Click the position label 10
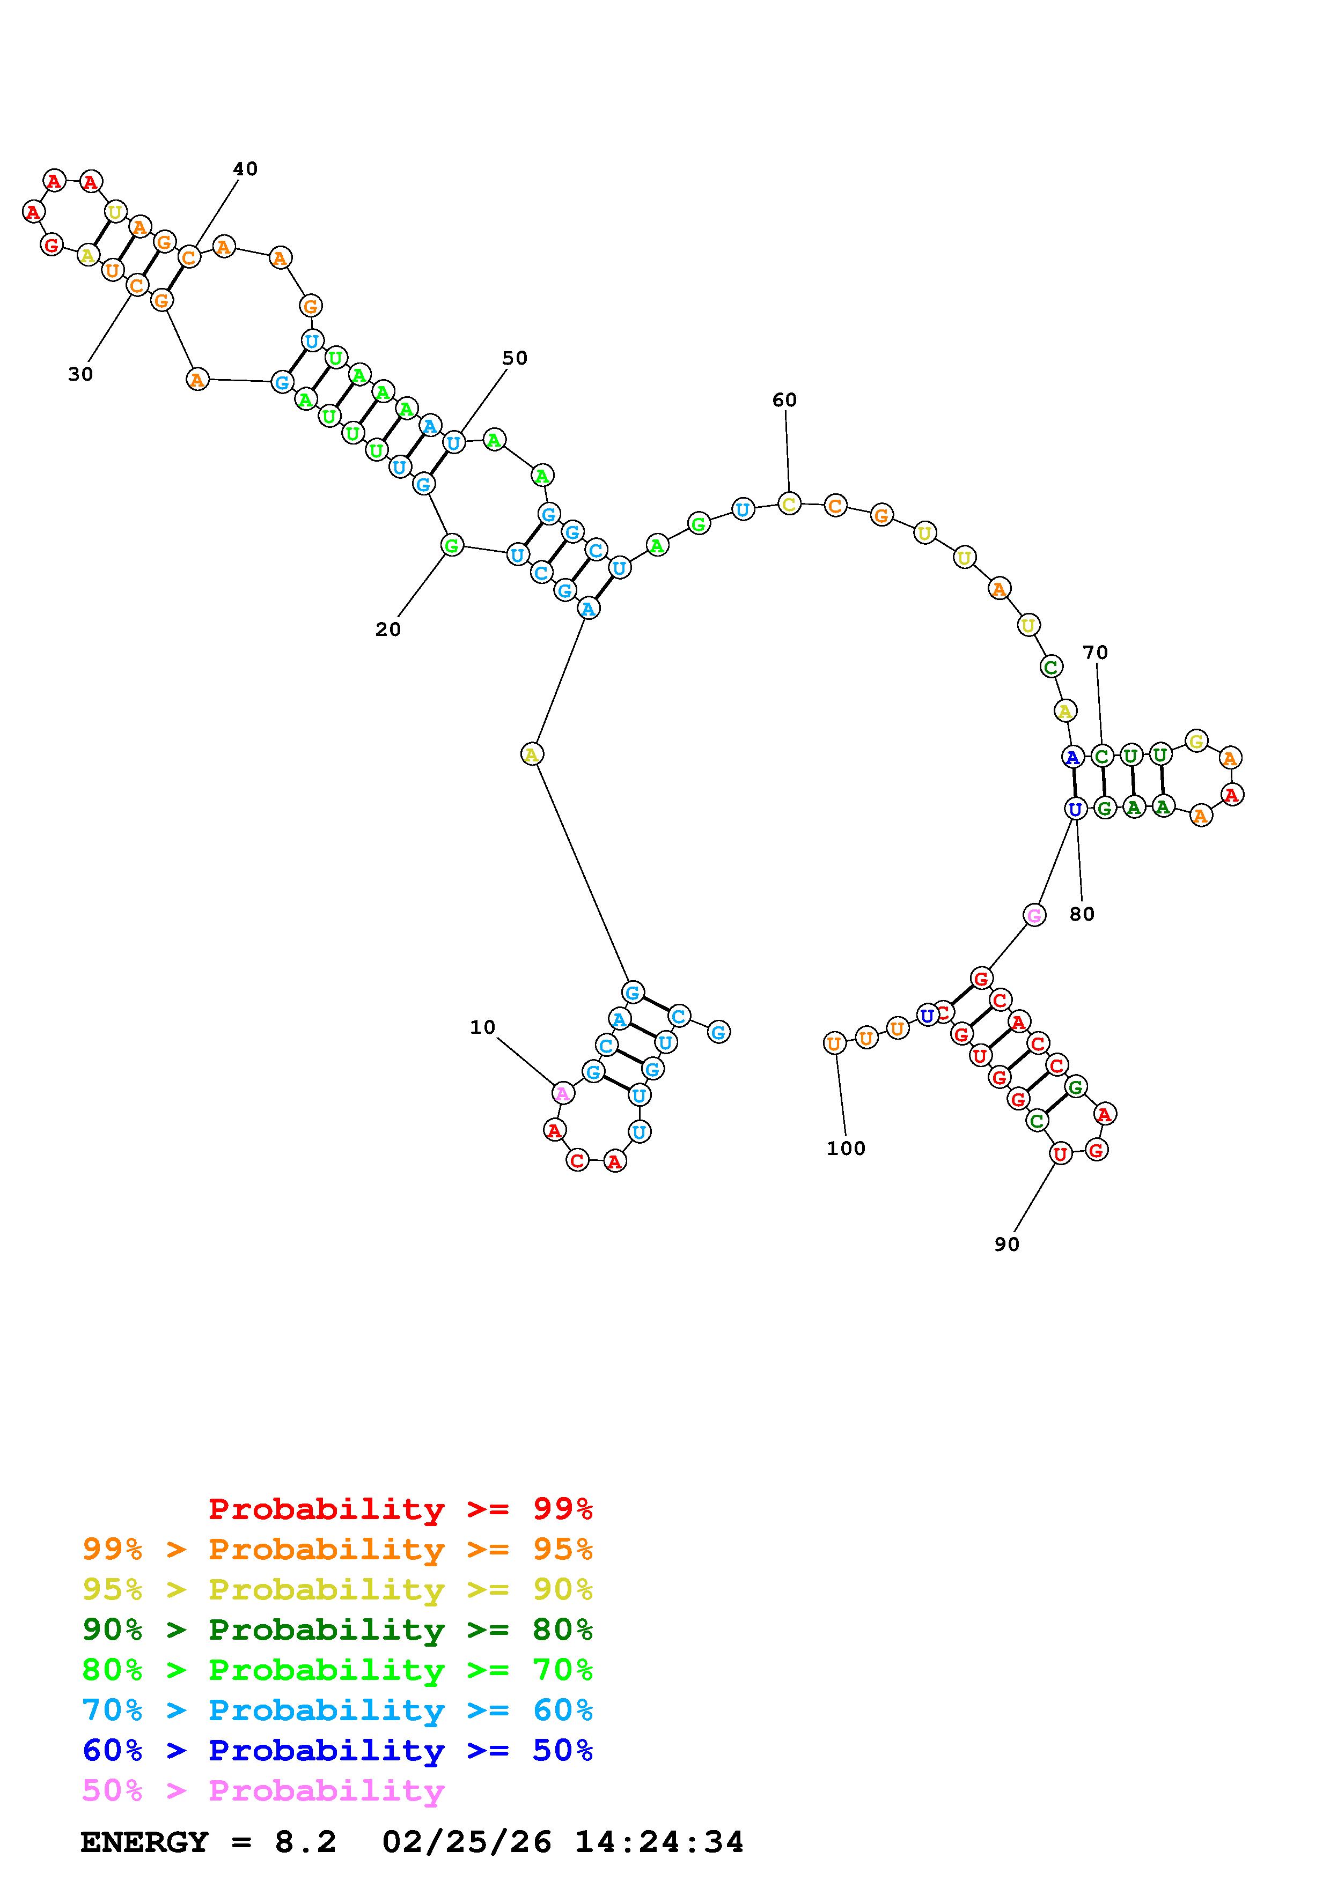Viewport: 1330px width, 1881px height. [483, 1027]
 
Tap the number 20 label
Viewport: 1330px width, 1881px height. [388, 629]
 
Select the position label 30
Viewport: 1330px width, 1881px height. [80, 374]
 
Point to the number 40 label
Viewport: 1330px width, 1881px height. [245, 169]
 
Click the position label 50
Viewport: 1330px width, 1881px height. [515, 358]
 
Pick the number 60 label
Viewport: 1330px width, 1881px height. [784, 400]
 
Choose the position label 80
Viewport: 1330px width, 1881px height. [1082, 914]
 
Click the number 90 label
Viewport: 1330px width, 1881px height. [1006, 1245]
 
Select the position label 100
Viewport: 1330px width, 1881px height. [846, 1149]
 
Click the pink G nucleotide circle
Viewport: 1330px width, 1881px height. [1034, 915]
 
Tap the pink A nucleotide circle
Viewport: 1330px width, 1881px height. [562, 1093]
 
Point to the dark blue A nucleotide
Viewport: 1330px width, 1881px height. [1072, 757]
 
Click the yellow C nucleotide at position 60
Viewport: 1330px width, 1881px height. [788, 504]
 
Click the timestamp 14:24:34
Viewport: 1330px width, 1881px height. [659, 1842]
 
